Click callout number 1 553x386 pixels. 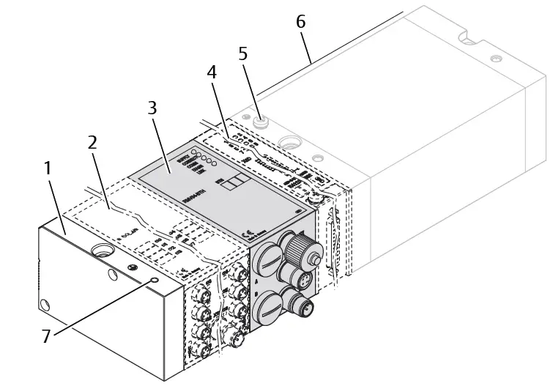point(48,168)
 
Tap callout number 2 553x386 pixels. point(92,143)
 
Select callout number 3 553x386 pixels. point(152,108)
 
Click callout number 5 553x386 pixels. point(243,53)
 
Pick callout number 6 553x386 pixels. point(300,22)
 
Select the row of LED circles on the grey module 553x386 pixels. point(205,159)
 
